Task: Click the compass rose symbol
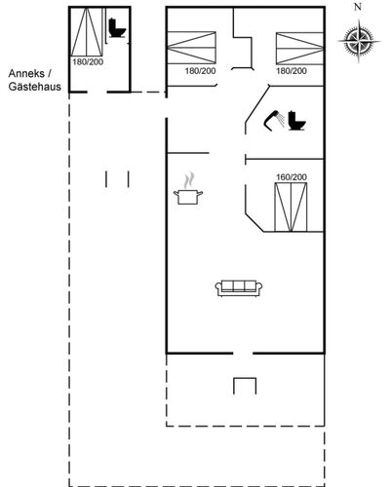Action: tap(359, 41)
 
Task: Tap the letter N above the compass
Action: tap(358, 7)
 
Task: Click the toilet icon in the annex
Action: tap(116, 28)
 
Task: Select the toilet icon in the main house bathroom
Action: tap(296, 121)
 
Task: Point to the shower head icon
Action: tap(274, 121)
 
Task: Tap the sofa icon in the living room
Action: tap(239, 288)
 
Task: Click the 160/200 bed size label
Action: tap(292, 177)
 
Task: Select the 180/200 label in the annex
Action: tap(88, 62)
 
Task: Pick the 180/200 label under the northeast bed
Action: tap(292, 71)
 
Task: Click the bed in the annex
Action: tap(87, 31)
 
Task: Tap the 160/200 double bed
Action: tap(291, 207)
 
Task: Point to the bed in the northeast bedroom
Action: tap(299, 48)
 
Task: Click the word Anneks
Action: tap(26, 73)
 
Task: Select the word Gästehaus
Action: tap(35, 87)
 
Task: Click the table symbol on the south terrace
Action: tap(245, 386)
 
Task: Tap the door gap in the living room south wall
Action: tap(243, 353)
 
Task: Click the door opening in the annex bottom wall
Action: tap(97, 93)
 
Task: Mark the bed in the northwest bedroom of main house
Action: tap(191, 48)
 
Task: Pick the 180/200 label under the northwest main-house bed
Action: tap(200, 71)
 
